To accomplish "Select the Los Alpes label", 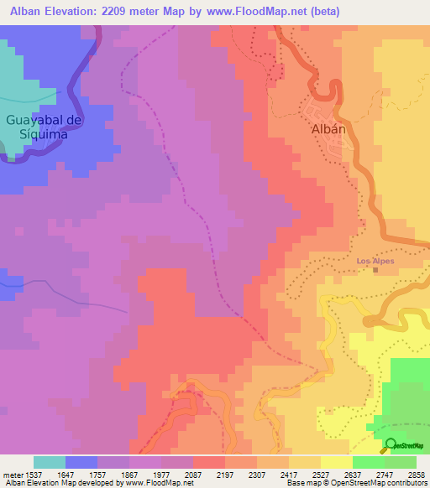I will [375, 261].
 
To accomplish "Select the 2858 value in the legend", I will [416, 474].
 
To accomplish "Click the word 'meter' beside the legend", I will [10, 474].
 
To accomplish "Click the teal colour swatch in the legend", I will [50, 462].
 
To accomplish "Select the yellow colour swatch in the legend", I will [336, 462].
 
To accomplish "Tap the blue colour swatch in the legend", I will [81, 462].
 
